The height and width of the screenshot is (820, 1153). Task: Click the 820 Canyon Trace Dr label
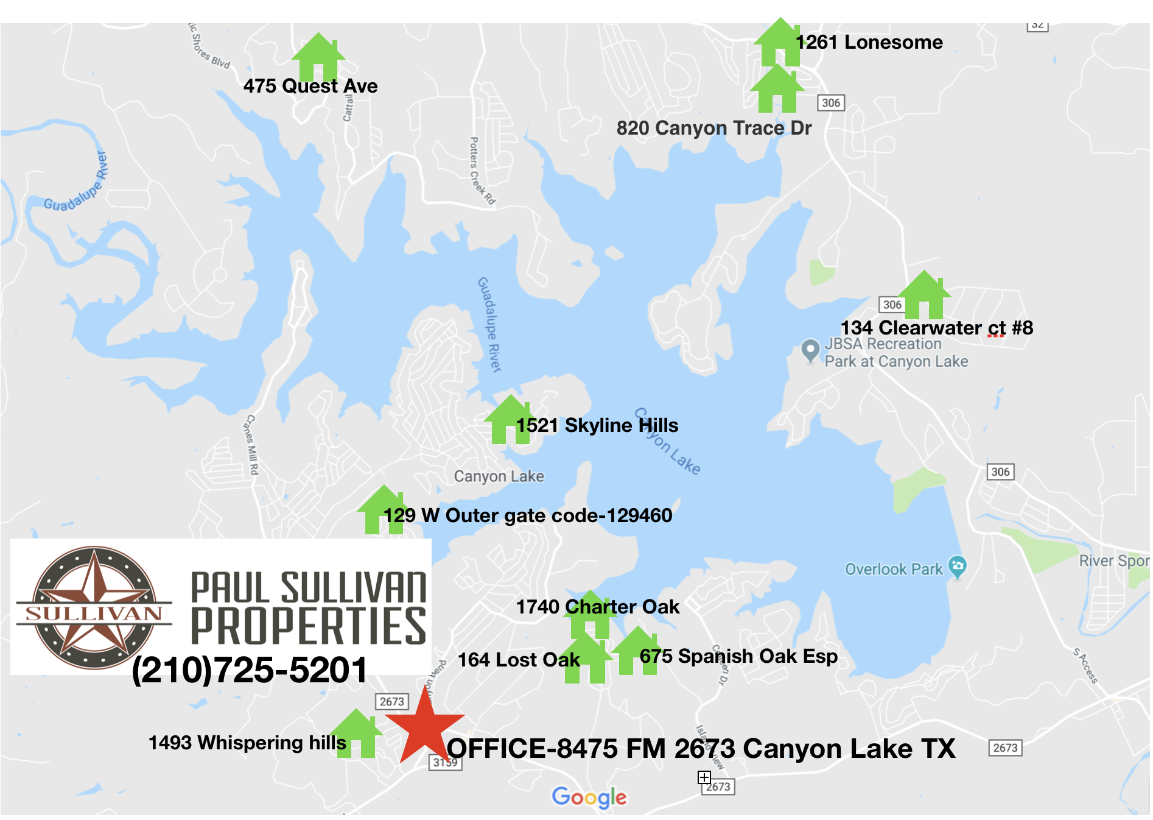click(713, 128)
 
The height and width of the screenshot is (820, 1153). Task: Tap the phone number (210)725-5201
click(250, 670)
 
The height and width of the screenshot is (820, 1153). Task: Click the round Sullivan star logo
click(94, 607)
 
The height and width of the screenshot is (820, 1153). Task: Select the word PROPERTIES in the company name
click(309, 626)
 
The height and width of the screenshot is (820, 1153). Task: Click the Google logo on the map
click(589, 797)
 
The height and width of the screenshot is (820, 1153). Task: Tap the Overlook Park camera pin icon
click(958, 567)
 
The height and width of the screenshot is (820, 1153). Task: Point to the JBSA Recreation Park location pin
click(810, 350)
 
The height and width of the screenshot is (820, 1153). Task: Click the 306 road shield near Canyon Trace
click(830, 103)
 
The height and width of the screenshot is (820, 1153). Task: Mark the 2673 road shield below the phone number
click(391, 701)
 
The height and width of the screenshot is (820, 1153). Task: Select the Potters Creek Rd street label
click(482, 171)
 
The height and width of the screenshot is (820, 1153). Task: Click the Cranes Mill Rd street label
click(251, 445)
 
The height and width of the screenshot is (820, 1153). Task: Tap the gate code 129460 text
click(639, 515)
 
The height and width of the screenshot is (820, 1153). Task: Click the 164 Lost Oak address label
click(519, 660)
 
